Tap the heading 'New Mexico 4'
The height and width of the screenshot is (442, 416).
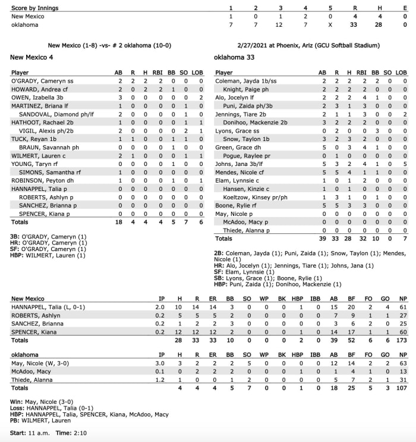click(32, 57)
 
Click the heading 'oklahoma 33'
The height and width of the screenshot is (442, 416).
click(234, 57)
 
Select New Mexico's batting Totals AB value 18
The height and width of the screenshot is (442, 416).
click(119, 222)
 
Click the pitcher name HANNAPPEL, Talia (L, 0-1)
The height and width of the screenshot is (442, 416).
click(48, 306)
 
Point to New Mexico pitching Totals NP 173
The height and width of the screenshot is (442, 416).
click(401, 340)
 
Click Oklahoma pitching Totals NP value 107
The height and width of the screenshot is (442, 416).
click(401, 387)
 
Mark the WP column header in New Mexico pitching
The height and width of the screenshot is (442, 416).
click(261, 299)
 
